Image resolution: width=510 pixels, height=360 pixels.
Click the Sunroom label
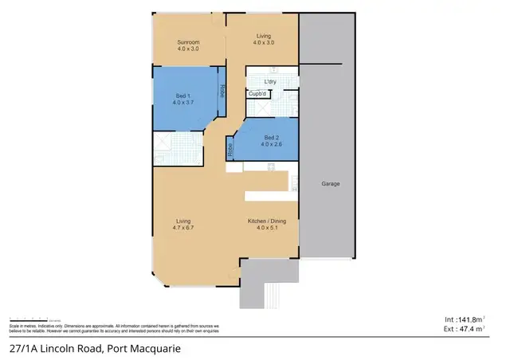[187, 41]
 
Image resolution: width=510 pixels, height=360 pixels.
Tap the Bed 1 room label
[183, 96]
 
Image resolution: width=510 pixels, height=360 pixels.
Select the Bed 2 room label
[273, 138]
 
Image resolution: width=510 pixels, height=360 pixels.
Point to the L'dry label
[269, 81]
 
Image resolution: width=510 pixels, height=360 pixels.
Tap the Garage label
[331, 184]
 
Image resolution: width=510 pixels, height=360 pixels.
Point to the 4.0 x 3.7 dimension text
[183, 104]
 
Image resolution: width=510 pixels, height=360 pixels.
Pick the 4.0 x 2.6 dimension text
[273, 145]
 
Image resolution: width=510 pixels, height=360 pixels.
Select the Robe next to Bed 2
[229, 150]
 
